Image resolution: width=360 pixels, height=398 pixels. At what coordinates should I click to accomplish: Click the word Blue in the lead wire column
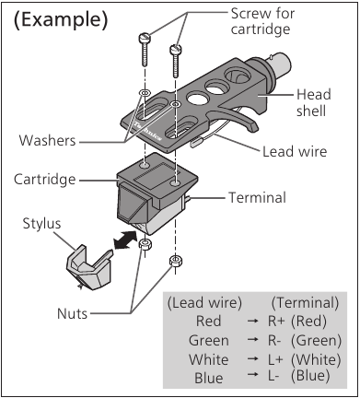(x=208, y=377)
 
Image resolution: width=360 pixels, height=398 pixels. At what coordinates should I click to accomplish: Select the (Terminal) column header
(x=305, y=301)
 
